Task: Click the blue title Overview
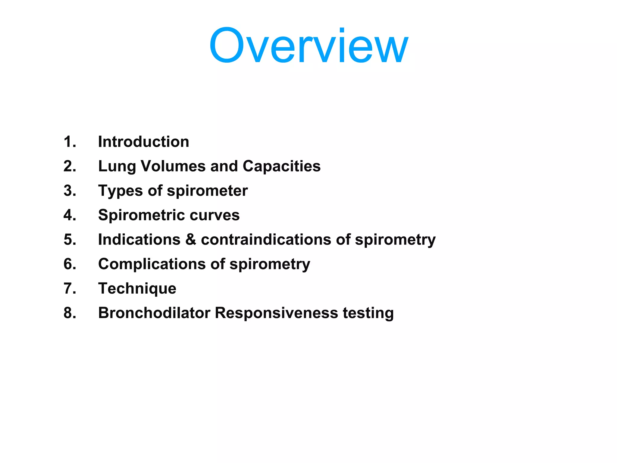[308, 46]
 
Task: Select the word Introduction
[144, 142]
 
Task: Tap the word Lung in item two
[117, 166]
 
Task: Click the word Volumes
[173, 166]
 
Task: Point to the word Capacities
[281, 166]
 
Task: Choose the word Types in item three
[121, 191]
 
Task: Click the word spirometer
[207, 191]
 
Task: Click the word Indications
[139, 240]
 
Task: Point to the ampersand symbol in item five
[191, 240]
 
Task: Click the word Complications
[152, 264]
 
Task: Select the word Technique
[137, 288]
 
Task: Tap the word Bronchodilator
[154, 313]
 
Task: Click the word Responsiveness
[276, 313]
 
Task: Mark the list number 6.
[70, 264]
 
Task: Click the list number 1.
[70, 142]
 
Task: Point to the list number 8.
[70, 313]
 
